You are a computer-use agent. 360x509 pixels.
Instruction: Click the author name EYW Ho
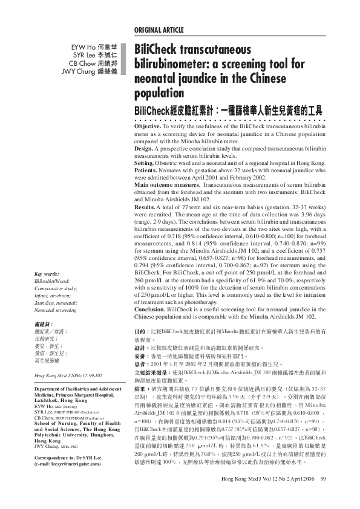tap(79, 46)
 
